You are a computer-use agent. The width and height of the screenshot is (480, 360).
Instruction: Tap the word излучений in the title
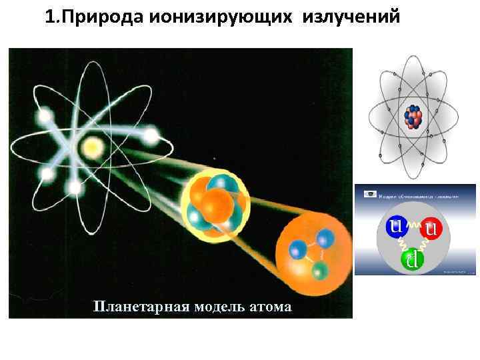click(x=351, y=16)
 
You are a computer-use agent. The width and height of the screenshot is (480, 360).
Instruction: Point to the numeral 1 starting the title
click(x=50, y=16)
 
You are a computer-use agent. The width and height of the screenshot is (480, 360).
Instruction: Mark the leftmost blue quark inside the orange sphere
click(x=296, y=250)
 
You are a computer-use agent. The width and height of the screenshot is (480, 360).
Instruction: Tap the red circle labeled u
click(x=431, y=231)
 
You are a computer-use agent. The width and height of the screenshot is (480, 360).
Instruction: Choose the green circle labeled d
click(x=413, y=259)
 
